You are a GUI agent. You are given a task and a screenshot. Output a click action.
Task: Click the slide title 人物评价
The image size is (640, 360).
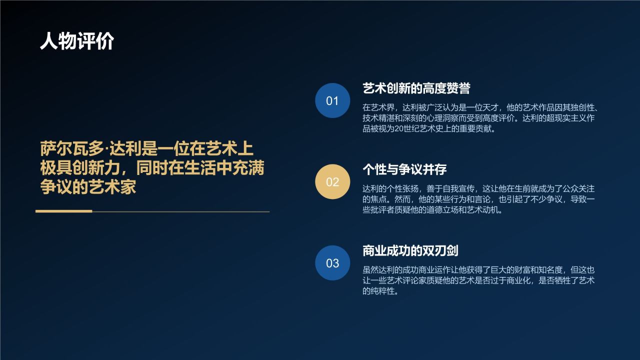coord(77,41)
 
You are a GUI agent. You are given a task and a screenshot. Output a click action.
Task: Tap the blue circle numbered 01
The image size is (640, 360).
coord(332,100)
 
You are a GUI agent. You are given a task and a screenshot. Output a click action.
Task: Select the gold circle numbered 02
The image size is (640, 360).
coord(332,181)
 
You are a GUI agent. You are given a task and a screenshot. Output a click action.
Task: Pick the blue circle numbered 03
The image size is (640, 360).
coord(332,262)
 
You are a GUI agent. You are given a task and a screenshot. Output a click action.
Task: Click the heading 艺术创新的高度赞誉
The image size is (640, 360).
coord(416,88)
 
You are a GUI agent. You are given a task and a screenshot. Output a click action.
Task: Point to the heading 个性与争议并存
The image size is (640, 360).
coord(404,169)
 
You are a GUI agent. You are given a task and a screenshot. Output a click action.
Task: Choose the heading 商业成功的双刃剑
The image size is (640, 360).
coord(410,250)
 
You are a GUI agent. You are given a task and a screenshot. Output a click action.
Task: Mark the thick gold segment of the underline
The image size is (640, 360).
coord(64,211)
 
